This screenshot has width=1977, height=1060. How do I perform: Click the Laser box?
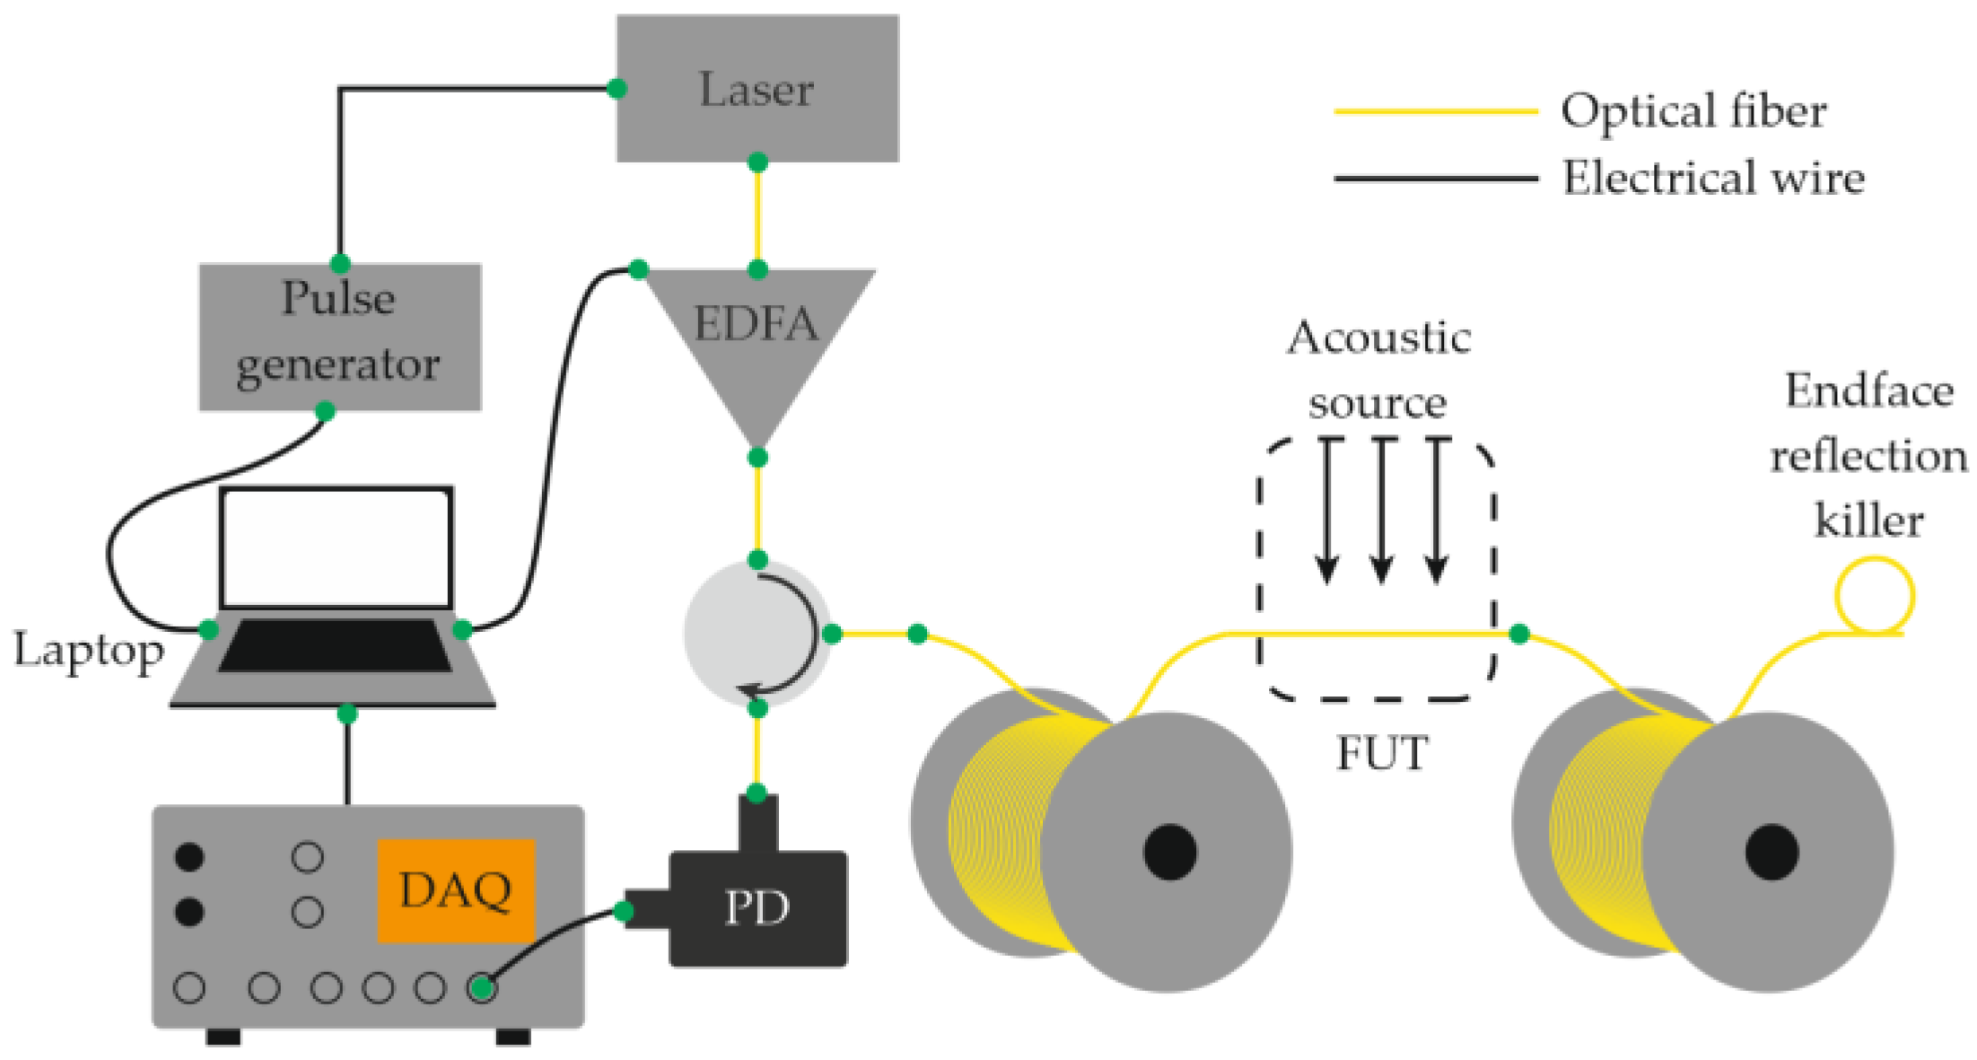pos(757,88)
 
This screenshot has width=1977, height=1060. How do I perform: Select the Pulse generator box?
pos(339,336)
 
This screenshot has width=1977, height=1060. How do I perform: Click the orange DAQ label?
pos(455,889)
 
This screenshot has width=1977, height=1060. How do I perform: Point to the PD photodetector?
pos(757,908)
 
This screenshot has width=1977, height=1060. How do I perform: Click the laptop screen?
pos(336,548)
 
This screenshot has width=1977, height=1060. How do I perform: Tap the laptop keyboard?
pos(335,644)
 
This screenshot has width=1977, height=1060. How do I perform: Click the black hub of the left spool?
pos(1169,851)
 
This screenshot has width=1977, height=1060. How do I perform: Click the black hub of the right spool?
pos(1771,851)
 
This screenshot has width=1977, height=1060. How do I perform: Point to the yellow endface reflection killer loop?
pos(1874,595)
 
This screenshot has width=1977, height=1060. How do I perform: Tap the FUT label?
pos(1381,752)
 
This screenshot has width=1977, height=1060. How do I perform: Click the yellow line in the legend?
pos(1436,111)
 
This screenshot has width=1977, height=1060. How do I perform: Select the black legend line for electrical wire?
pos(1436,179)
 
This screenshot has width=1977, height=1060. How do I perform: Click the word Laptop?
pos(88,650)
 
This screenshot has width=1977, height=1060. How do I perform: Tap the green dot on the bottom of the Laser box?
pos(757,162)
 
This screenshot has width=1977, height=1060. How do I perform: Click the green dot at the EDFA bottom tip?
pos(757,458)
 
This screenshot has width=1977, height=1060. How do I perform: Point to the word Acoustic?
pos(1379,338)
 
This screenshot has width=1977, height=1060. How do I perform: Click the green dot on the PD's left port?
pos(624,912)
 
